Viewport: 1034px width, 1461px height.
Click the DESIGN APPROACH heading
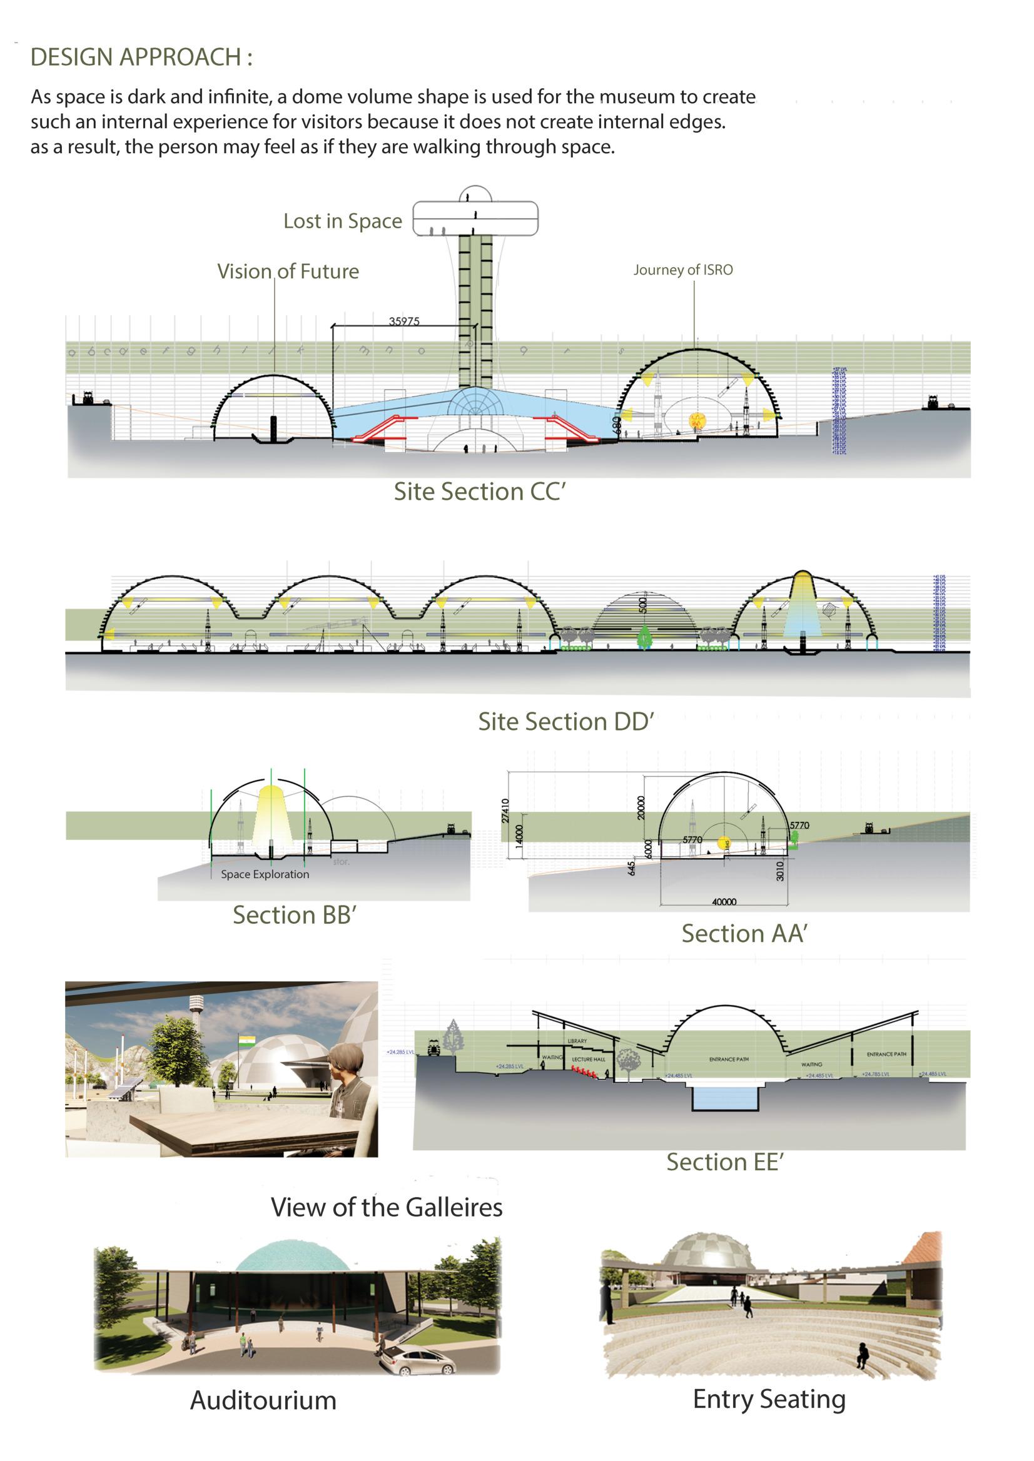click(141, 58)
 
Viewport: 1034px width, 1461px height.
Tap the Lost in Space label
click(343, 221)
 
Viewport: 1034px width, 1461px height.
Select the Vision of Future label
click(288, 271)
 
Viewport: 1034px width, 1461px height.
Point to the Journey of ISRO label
click(682, 270)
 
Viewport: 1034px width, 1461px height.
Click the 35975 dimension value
click(404, 321)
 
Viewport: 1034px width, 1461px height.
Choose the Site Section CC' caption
click(479, 492)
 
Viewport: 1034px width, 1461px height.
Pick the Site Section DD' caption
click(566, 721)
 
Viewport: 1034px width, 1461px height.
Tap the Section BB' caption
click(293, 915)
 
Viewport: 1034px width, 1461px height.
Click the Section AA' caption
click(744, 933)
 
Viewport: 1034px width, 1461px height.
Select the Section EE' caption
click(724, 1162)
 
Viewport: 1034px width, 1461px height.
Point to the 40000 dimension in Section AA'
click(724, 901)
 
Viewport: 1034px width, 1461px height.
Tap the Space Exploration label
click(265, 874)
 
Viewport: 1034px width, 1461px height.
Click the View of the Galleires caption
click(387, 1207)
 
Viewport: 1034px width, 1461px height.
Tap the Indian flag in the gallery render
click(246, 1041)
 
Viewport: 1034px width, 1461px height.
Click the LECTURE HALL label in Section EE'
click(587, 1059)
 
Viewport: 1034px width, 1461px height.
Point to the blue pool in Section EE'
click(724, 1098)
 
